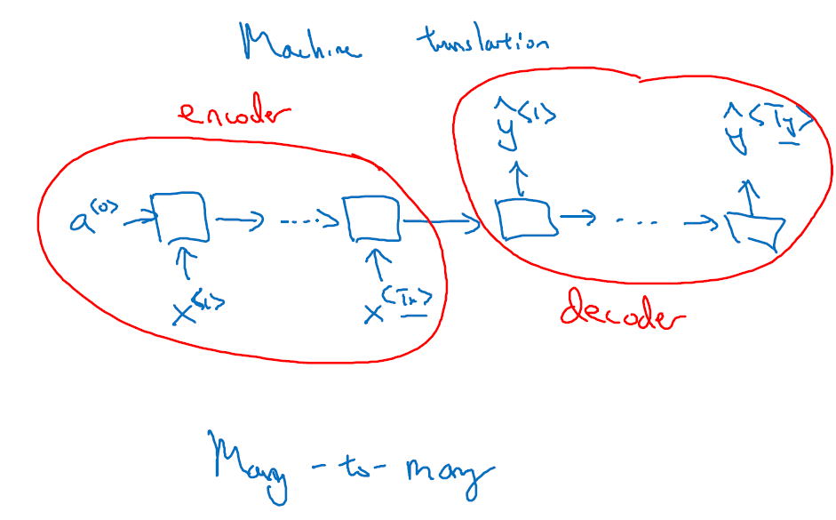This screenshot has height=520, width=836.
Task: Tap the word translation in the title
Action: tap(482, 41)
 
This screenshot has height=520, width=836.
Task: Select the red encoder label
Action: tap(235, 116)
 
